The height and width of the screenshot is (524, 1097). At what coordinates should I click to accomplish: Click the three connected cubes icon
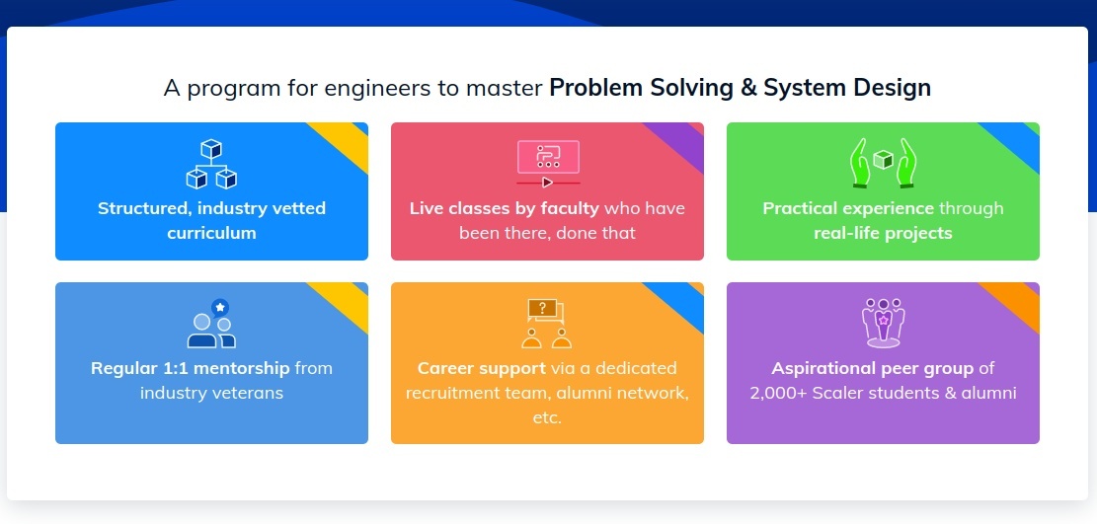click(x=211, y=165)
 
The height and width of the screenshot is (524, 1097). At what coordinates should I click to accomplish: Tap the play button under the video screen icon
click(x=547, y=183)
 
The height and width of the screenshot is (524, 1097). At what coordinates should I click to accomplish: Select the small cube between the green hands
click(x=883, y=160)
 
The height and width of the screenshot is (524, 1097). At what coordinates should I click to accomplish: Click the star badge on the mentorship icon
click(x=220, y=307)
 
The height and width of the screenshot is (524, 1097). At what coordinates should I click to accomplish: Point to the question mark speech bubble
click(x=542, y=307)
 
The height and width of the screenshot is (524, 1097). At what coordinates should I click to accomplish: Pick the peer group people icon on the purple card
click(x=883, y=323)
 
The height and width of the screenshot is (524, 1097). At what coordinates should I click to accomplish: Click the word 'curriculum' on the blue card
click(x=211, y=233)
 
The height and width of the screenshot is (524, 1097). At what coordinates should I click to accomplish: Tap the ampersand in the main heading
click(x=747, y=88)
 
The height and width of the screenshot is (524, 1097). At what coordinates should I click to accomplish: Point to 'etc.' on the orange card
click(x=547, y=418)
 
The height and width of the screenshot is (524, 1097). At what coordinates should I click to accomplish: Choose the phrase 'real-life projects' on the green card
click(x=883, y=233)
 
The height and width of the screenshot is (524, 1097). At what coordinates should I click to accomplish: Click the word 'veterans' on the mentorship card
click(x=248, y=393)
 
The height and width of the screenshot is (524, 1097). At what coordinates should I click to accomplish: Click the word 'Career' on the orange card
click(x=444, y=369)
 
